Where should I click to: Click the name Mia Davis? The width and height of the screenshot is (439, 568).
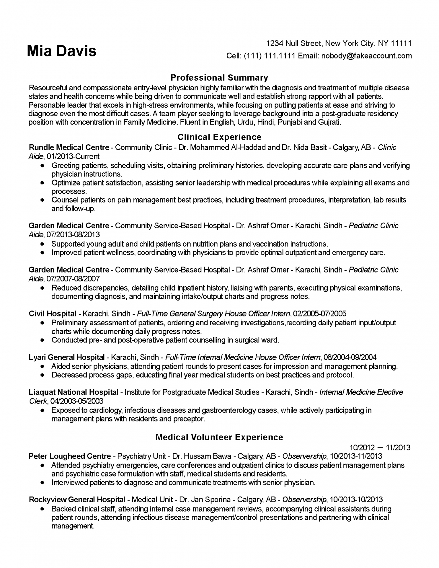pos(61,51)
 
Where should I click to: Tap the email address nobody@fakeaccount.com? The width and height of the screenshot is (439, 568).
pos(366,56)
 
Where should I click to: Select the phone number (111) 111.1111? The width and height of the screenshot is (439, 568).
pos(269,56)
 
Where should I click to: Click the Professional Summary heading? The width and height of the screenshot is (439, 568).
pos(219,77)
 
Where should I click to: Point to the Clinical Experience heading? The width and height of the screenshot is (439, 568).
pos(219,137)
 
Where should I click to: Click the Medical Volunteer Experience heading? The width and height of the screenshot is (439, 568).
pos(219,437)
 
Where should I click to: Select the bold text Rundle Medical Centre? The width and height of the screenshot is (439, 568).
pos(69,147)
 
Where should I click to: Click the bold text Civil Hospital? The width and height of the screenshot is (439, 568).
pos(53,314)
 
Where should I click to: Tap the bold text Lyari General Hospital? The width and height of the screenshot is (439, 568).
pos(67,357)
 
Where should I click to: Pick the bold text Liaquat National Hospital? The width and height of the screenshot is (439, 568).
pos(73,392)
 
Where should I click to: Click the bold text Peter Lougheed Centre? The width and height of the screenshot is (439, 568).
pos(70,456)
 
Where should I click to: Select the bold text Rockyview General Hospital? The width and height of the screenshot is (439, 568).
pos(77,499)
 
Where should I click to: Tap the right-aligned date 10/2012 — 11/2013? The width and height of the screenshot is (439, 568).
pos(380,448)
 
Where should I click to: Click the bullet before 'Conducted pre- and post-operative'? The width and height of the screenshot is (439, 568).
pos(42,340)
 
